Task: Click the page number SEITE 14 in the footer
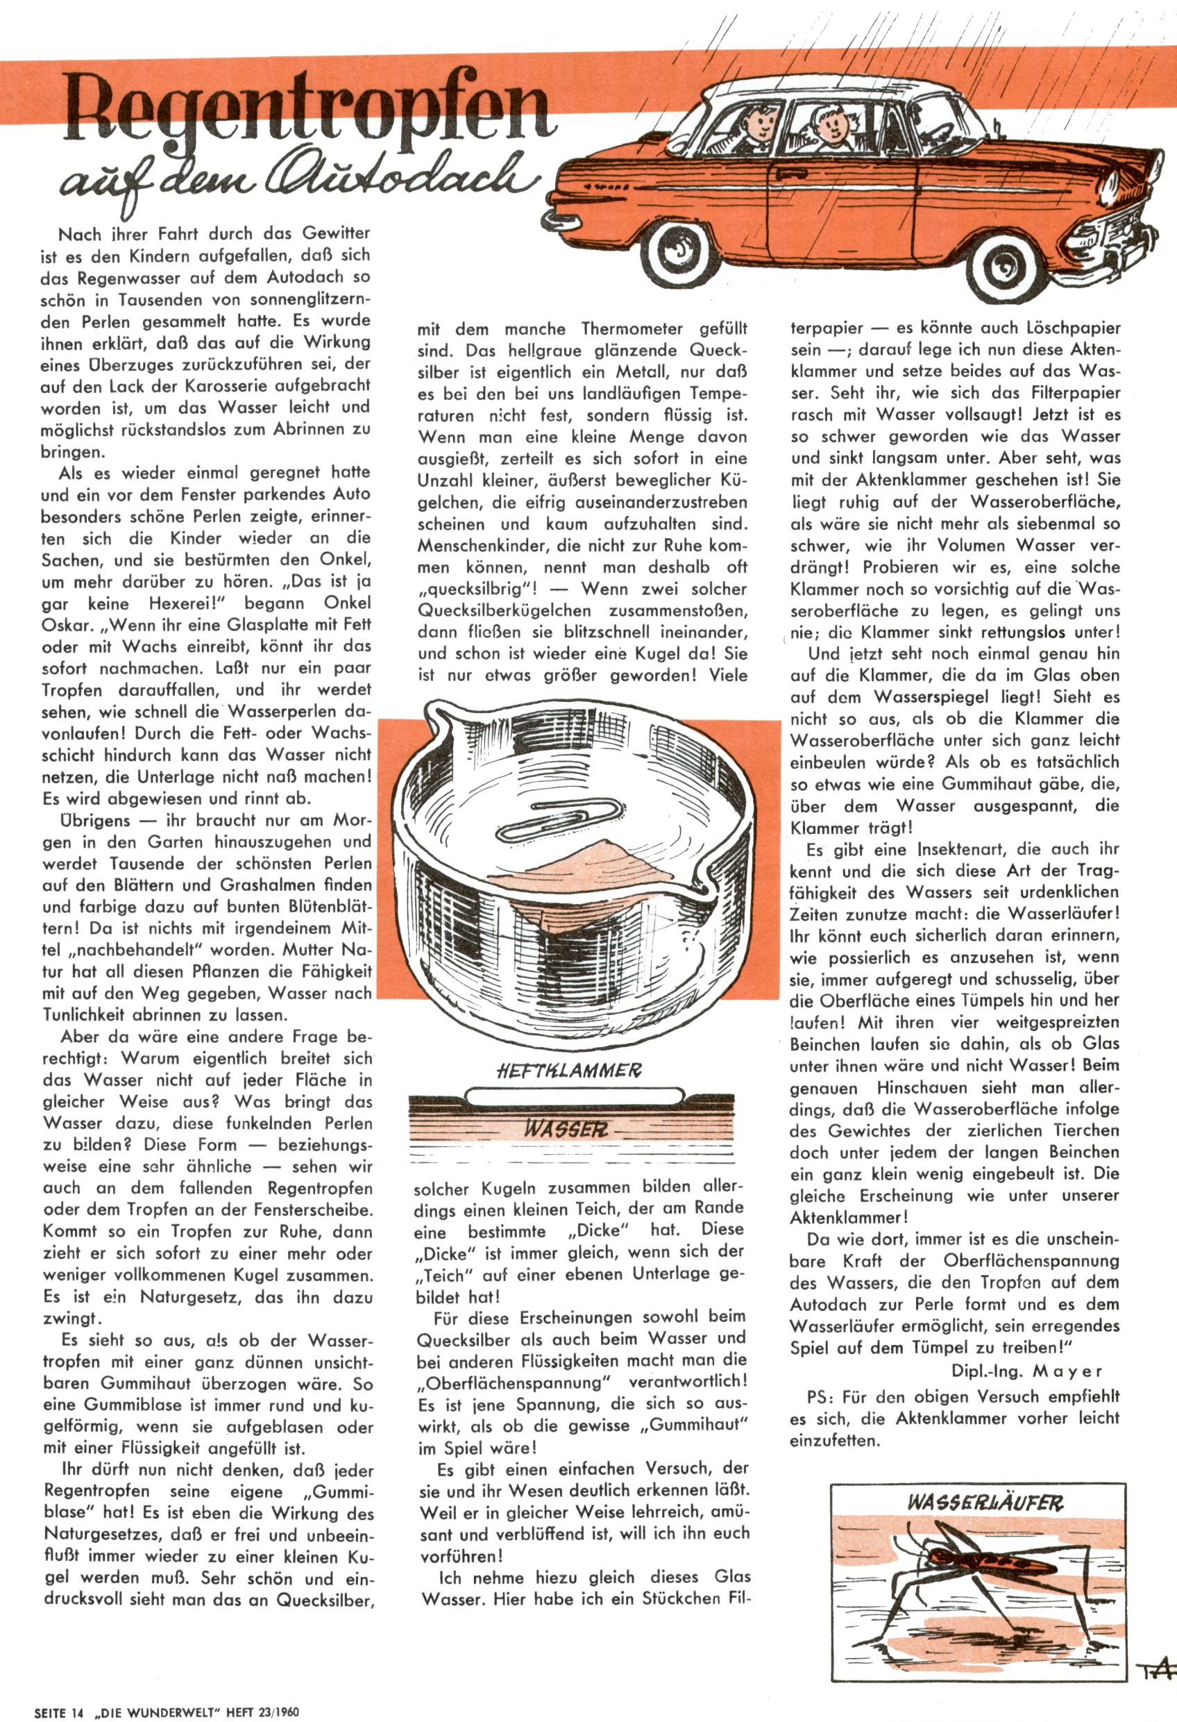click(59, 1712)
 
